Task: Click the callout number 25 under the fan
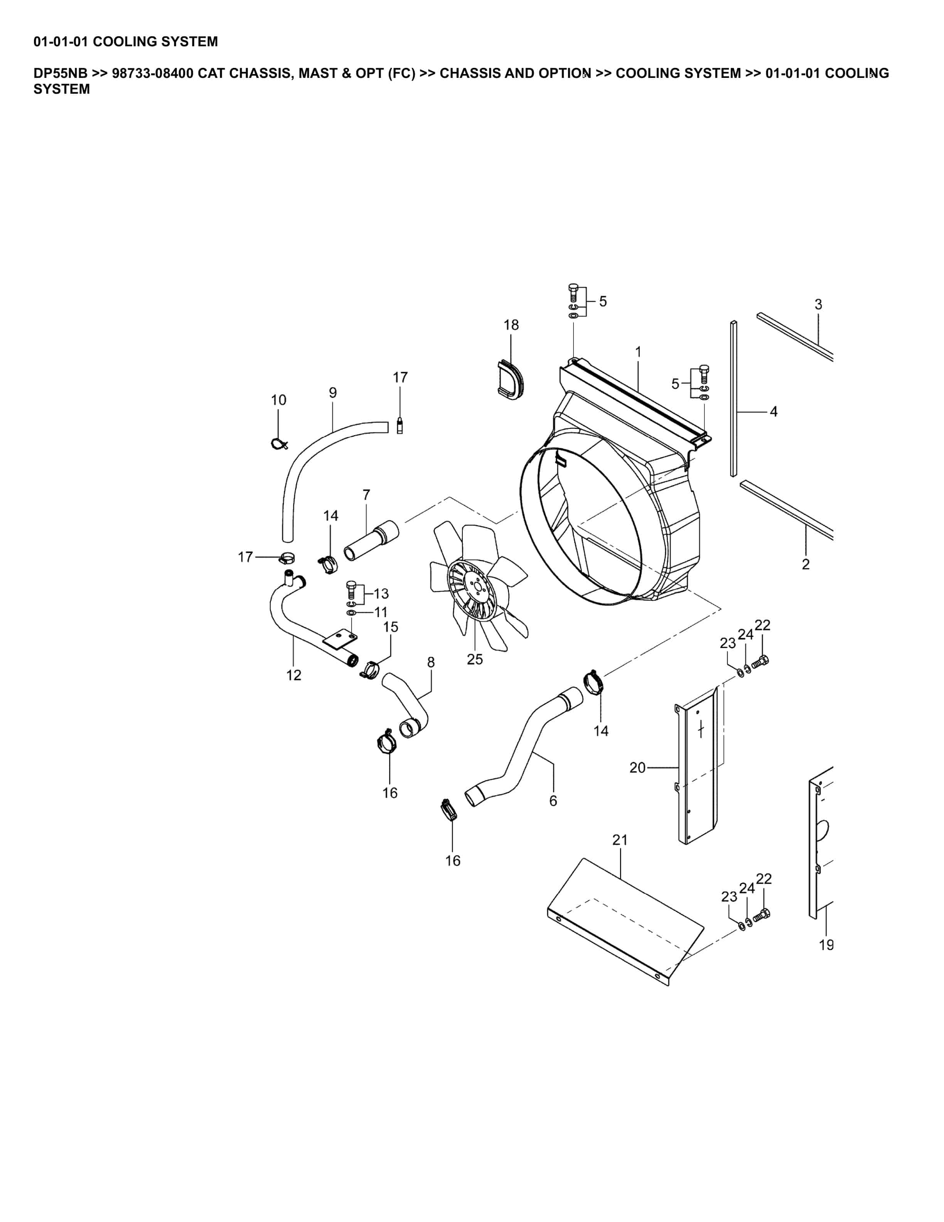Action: (x=474, y=660)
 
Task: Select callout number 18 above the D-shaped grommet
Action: (x=511, y=325)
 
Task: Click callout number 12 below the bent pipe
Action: (x=293, y=675)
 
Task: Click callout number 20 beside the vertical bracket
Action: (x=637, y=768)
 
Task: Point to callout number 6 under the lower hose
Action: (x=553, y=801)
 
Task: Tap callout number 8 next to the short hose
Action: (x=431, y=662)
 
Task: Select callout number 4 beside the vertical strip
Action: (x=774, y=412)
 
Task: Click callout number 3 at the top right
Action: (x=818, y=305)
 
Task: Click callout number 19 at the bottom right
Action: (x=826, y=945)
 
